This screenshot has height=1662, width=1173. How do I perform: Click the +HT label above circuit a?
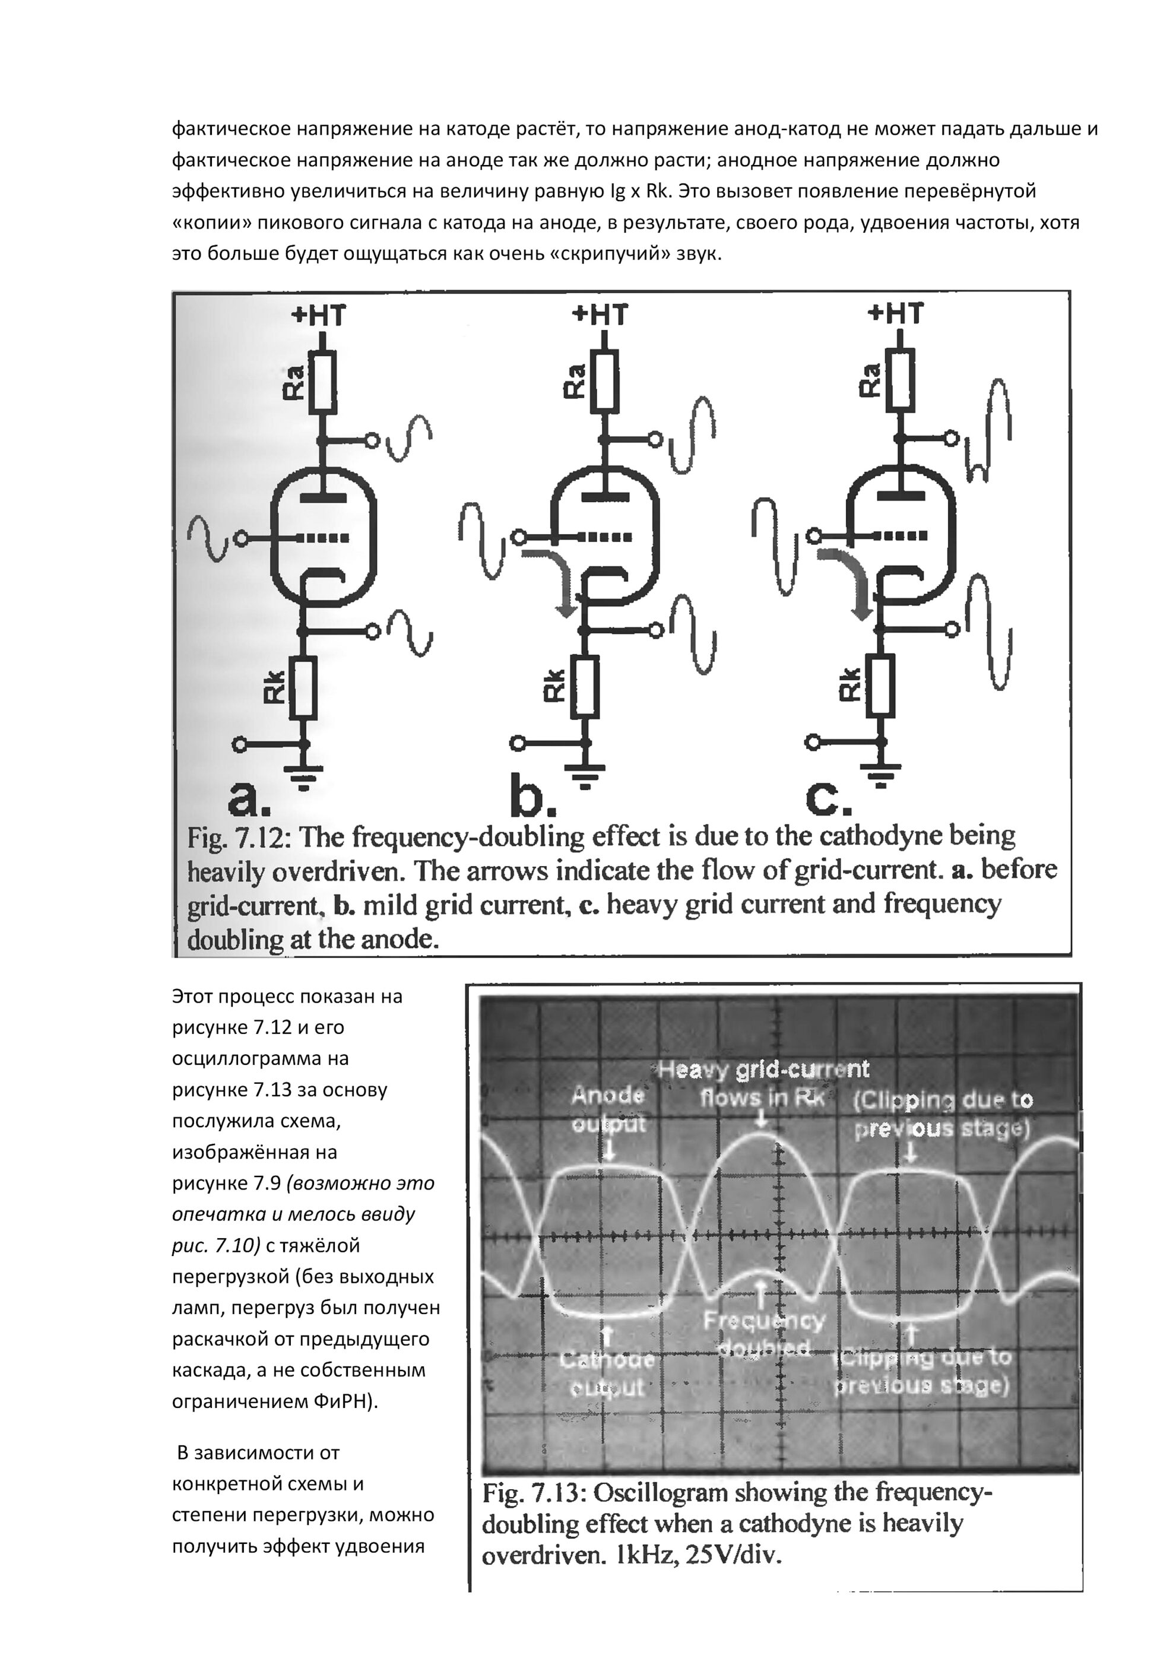coord(319,316)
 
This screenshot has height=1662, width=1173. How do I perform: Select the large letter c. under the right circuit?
coord(828,797)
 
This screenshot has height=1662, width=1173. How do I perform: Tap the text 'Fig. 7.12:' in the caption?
coord(239,838)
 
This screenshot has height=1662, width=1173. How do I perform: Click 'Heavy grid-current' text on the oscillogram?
coord(763,1069)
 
